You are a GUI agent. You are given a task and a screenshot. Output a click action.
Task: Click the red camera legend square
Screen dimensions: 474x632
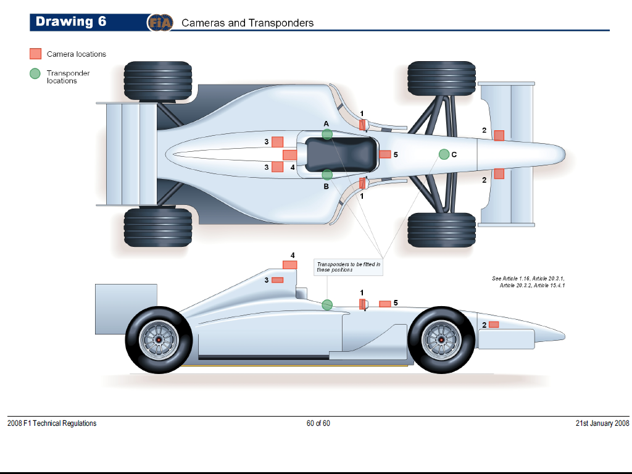[36, 54]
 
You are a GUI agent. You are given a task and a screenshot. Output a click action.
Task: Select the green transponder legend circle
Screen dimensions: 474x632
[36, 73]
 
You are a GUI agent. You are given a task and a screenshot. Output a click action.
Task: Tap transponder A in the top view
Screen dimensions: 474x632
[327, 135]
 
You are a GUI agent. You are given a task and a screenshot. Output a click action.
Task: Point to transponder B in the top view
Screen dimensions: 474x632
[327, 175]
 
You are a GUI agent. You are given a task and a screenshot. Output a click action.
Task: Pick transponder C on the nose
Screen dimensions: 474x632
[444, 154]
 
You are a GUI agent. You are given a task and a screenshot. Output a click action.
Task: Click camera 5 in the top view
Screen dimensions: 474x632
[385, 154]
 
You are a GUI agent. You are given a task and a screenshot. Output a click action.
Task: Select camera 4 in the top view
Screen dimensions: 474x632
[289, 154]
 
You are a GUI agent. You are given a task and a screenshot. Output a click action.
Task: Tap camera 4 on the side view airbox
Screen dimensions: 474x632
[289, 265]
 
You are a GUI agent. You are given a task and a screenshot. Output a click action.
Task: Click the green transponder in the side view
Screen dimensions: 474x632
[327, 304]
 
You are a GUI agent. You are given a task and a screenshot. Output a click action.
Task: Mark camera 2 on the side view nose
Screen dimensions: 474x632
[494, 325]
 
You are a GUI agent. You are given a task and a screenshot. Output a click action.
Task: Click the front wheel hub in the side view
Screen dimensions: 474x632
[441, 340]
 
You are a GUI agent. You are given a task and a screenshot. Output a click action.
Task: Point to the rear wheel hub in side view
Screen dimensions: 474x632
[159, 340]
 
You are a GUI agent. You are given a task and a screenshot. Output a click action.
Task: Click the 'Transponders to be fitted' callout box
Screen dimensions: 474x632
[347, 267]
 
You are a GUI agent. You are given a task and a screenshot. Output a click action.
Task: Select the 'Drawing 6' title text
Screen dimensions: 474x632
[71, 22]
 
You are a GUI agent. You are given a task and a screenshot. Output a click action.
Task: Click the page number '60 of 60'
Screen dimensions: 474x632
[318, 423]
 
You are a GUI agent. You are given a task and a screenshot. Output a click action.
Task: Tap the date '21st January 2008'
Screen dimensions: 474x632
[602, 423]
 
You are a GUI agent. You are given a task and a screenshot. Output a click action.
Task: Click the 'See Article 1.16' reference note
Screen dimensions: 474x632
[528, 282]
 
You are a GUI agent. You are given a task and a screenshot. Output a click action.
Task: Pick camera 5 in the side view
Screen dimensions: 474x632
[385, 304]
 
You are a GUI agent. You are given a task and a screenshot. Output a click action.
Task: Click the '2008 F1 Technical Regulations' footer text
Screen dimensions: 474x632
[52, 423]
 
